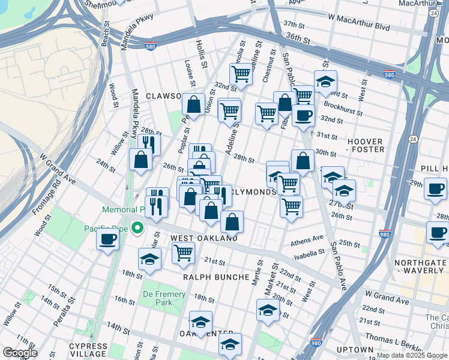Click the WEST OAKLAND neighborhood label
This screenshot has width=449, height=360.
point(204,238)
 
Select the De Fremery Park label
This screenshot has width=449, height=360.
point(157,298)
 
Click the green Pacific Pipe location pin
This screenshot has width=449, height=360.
point(137,227)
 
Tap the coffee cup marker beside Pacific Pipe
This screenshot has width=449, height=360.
point(108,239)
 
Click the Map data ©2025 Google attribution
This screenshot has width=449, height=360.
point(412,355)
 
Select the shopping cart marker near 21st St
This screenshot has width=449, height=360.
point(183,253)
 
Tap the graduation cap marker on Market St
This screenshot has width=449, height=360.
point(268,310)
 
